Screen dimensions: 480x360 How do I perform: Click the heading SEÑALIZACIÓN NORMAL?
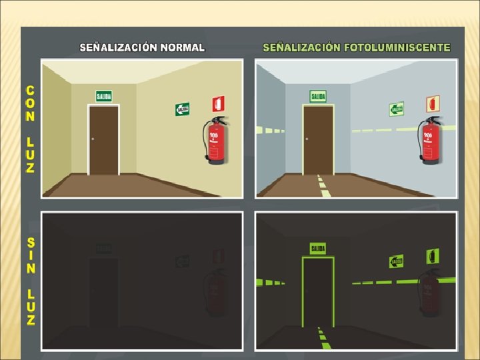[142, 48]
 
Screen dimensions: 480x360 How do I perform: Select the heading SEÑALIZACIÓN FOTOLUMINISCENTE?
[357, 48]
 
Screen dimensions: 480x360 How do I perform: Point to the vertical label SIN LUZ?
[31, 280]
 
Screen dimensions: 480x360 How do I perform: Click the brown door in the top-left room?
[104, 139]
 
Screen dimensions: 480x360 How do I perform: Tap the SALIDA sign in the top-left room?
[103, 96]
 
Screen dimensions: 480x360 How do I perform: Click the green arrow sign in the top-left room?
[182, 109]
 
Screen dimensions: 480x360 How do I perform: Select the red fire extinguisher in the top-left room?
[215, 141]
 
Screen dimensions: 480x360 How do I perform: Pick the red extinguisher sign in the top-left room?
[218, 103]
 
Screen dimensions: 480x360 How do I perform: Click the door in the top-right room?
[318, 139]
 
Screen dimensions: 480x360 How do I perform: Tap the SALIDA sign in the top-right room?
[318, 96]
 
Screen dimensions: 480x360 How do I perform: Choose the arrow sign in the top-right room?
[396, 109]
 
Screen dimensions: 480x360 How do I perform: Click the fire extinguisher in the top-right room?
[430, 141]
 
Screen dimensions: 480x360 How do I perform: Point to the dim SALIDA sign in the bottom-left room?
[103, 249]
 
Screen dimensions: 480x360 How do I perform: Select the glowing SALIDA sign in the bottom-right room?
[317, 249]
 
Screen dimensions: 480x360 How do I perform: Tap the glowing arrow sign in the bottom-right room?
[396, 261]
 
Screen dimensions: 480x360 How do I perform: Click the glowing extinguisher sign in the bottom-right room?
[432, 255]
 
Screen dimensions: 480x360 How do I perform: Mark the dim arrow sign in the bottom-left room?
[182, 261]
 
